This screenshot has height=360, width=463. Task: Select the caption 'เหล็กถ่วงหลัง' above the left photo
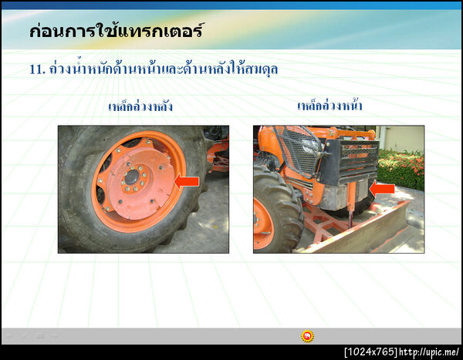(140, 106)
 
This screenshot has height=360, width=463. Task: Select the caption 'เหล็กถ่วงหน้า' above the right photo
(330, 106)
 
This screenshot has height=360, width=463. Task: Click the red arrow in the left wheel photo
(187, 182)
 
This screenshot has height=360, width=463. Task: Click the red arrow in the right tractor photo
(382, 187)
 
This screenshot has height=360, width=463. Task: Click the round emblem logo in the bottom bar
(307, 336)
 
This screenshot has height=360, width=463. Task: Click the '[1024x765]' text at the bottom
(370, 352)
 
